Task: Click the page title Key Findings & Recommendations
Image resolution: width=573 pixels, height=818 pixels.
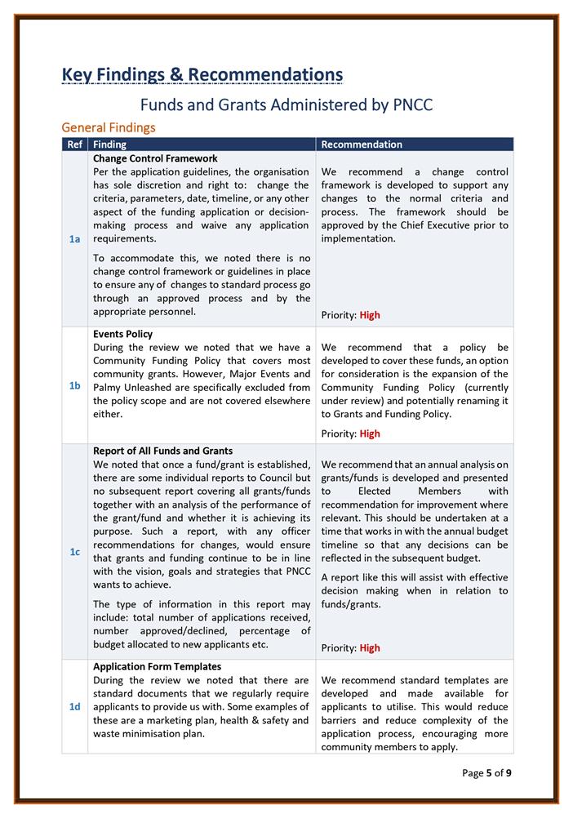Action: [x=202, y=75]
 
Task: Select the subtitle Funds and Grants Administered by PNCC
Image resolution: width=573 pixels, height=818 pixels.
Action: [x=286, y=105]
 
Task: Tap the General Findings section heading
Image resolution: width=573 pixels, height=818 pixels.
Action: [x=109, y=127]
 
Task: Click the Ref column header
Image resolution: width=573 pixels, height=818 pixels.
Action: [x=74, y=144]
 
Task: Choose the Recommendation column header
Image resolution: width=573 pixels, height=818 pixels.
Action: [x=362, y=144]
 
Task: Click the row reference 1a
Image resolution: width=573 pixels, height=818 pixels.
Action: [x=74, y=238]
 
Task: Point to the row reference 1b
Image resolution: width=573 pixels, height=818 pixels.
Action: [x=74, y=385]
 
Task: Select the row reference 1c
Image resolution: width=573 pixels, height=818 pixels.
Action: [x=74, y=552]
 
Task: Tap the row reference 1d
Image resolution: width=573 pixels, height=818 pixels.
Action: [x=74, y=706]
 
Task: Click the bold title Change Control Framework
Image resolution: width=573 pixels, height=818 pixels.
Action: [x=155, y=158]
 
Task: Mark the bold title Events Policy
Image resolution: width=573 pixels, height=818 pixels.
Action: [x=122, y=334]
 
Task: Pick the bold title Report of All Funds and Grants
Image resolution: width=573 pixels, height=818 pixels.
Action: [x=162, y=451]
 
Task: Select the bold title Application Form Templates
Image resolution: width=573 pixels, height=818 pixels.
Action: [x=157, y=667]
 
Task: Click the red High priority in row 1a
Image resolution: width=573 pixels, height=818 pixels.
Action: [x=370, y=315]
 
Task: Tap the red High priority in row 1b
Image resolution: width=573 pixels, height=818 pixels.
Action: [x=370, y=433]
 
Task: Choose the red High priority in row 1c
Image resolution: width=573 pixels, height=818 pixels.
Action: [x=370, y=648]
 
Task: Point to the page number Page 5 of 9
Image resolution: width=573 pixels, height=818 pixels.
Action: [x=486, y=772]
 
